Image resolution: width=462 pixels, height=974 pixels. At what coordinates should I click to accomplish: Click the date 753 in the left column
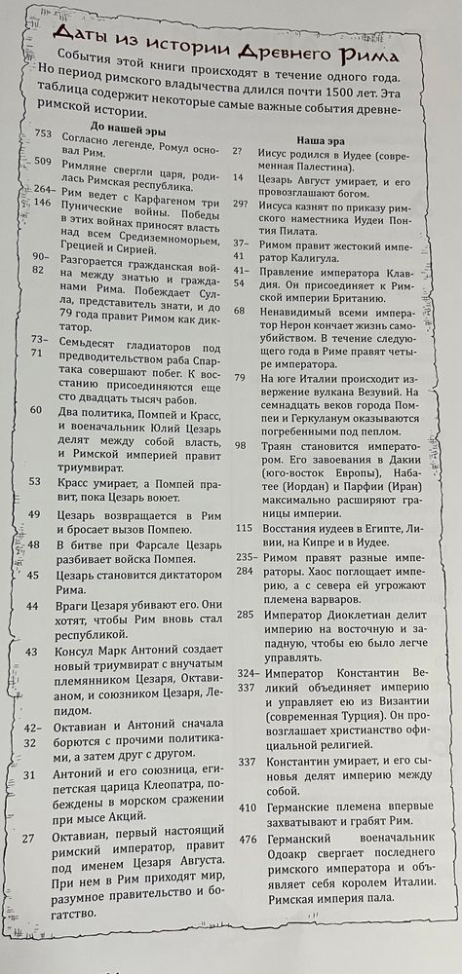pyautogui.click(x=43, y=133)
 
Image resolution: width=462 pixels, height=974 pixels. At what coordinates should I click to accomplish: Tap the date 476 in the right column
pyautogui.click(x=247, y=839)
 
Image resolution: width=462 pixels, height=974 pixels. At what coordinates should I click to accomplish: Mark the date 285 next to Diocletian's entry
pyautogui.click(x=246, y=615)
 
